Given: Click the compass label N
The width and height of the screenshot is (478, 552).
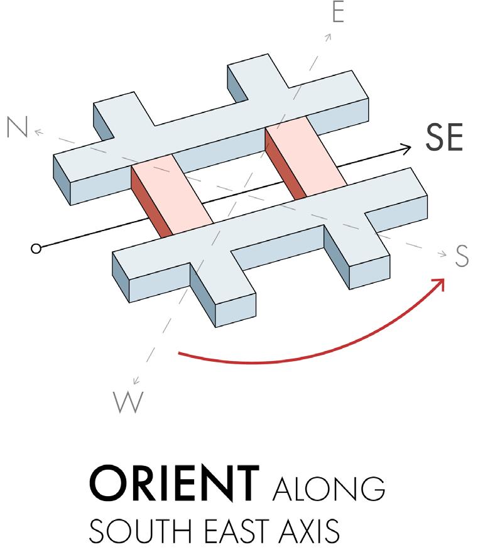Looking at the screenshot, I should [16, 127].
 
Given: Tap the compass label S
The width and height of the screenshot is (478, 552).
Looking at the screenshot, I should [462, 257].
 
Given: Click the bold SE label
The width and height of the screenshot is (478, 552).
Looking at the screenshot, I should [444, 140].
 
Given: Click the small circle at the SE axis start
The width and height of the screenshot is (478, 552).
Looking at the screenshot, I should [36, 249].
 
